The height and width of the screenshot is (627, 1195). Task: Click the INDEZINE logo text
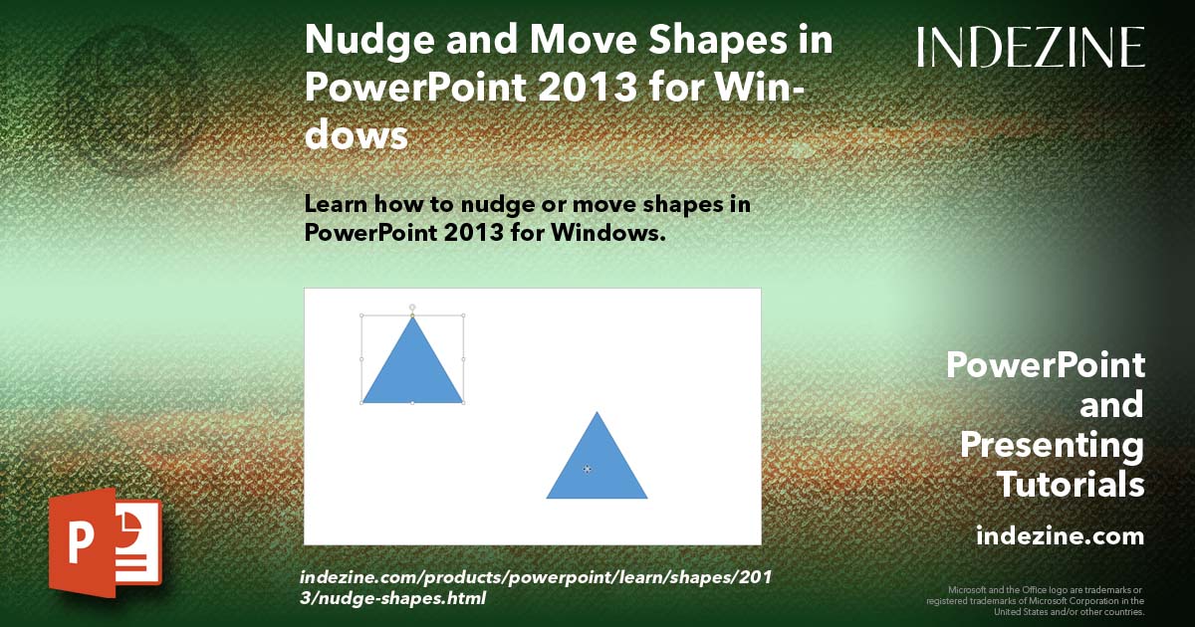tap(1031, 47)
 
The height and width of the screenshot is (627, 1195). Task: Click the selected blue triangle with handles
tap(412, 368)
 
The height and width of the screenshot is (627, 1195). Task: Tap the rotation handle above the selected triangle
tap(412, 307)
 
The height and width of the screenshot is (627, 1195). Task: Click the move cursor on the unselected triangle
tap(588, 468)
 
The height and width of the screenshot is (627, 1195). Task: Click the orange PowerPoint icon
tap(105, 541)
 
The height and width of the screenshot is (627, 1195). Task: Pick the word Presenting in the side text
tap(1052, 445)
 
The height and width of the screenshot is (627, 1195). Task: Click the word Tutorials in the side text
tap(1071, 485)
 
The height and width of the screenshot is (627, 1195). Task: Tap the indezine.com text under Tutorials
tap(1060, 536)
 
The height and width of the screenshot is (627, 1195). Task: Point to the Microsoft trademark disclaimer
tap(1036, 600)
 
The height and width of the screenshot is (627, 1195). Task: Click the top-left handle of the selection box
tap(361, 315)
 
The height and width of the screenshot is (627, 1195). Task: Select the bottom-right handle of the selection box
tap(464, 402)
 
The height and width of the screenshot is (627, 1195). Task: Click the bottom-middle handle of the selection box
tap(412, 402)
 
